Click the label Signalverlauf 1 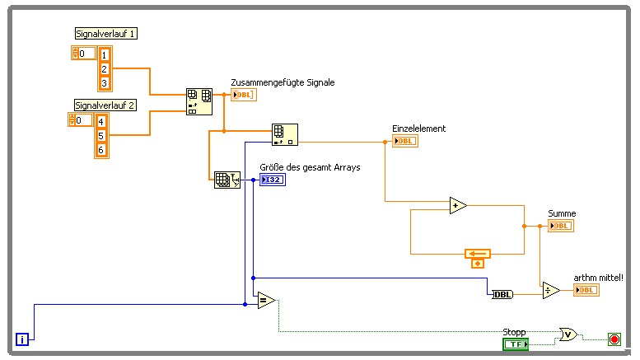click(x=105, y=33)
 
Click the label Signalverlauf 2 click(x=105, y=105)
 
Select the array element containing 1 click(x=105, y=54)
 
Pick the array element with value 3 click(x=105, y=82)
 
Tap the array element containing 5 click(x=101, y=135)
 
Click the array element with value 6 click(x=101, y=150)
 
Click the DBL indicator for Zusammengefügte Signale click(x=244, y=95)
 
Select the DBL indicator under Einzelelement click(x=405, y=141)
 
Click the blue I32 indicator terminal click(x=272, y=180)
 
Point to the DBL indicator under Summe click(x=561, y=226)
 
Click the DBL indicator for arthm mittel click(x=586, y=290)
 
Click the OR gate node click(x=568, y=334)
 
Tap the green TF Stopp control click(x=516, y=344)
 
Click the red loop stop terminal click(x=614, y=339)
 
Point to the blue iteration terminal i click(x=23, y=338)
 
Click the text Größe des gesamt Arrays click(x=310, y=167)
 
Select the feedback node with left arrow click(x=478, y=254)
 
